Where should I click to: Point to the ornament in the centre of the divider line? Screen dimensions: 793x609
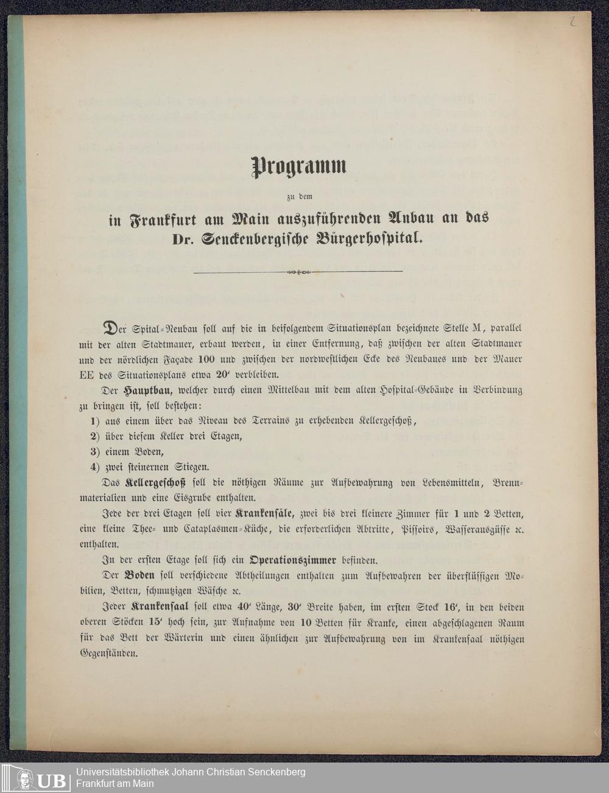[x=298, y=272]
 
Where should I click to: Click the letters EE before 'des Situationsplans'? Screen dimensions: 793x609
[x=86, y=375]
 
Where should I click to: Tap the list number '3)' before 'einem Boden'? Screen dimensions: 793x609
[x=94, y=451]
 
